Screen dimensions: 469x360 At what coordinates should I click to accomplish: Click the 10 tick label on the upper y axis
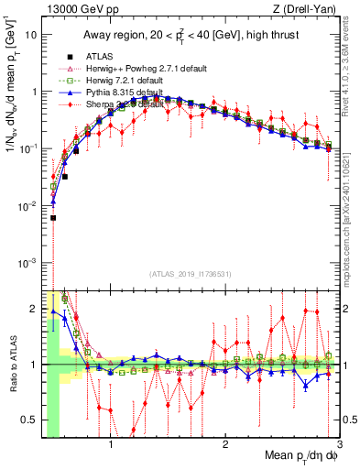coord(30,34)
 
